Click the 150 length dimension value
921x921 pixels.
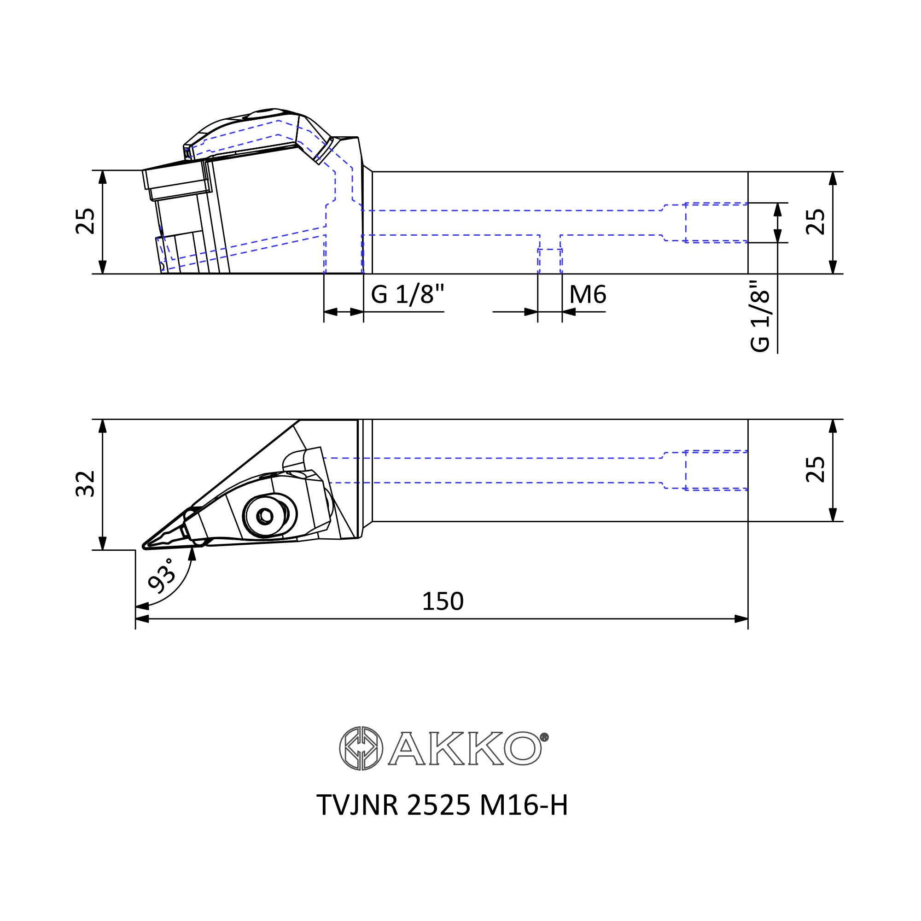[x=443, y=601]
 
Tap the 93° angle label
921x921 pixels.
[x=161, y=577]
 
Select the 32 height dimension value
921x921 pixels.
[x=86, y=484]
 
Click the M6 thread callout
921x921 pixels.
[x=587, y=295]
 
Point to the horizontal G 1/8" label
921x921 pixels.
[x=407, y=294]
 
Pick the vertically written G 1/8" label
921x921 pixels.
[x=760, y=316]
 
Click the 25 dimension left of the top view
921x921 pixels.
[x=86, y=221]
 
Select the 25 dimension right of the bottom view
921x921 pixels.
[x=815, y=470]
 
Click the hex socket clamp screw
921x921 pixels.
[x=265, y=516]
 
